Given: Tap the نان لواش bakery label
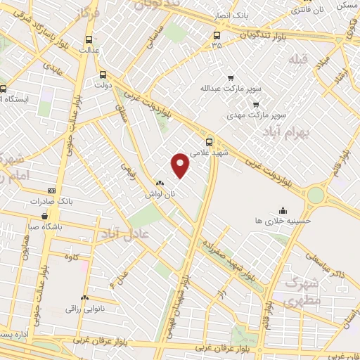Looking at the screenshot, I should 160,194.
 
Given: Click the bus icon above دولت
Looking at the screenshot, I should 103,75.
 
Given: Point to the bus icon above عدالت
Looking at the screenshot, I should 89,40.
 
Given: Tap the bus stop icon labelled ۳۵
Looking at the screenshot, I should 215,34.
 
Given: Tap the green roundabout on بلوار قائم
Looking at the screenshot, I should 316,193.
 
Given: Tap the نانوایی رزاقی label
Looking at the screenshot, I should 85,309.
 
